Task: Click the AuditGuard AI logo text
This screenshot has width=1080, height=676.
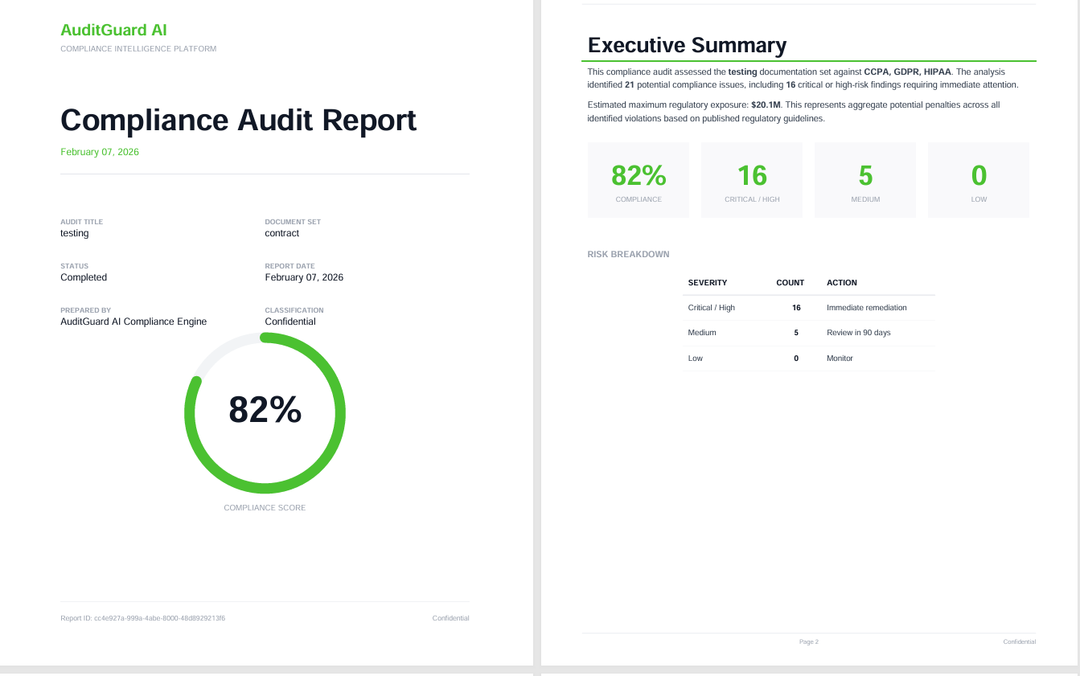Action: coord(113,31)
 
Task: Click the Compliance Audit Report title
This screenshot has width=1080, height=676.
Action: coord(238,120)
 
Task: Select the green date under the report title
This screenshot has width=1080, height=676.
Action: coord(100,152)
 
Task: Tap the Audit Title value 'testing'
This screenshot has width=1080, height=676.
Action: coord(75,233)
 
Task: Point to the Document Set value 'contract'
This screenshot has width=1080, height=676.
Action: coord(282,233)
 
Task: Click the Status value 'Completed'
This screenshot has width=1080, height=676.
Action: coord(84,277)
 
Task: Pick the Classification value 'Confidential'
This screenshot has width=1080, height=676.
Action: coord(290,322)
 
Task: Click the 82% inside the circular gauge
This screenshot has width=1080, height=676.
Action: coord(265,410)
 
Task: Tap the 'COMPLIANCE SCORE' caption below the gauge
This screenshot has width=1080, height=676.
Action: coord(265,508)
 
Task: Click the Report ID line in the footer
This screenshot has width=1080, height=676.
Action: coord(143,618)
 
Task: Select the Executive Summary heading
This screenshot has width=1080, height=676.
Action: coord(687,45)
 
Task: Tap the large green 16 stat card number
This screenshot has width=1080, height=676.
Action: coord(752,175)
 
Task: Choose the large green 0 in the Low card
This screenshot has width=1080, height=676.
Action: coord(979,175)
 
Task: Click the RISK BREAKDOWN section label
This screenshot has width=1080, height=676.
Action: coord(628,254)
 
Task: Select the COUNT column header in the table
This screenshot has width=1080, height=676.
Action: coord(790,283)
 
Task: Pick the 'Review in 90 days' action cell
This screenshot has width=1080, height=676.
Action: coord(858,333)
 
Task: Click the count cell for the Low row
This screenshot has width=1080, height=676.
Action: coord(796,358)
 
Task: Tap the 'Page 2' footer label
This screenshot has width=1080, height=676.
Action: coord(808,642)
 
